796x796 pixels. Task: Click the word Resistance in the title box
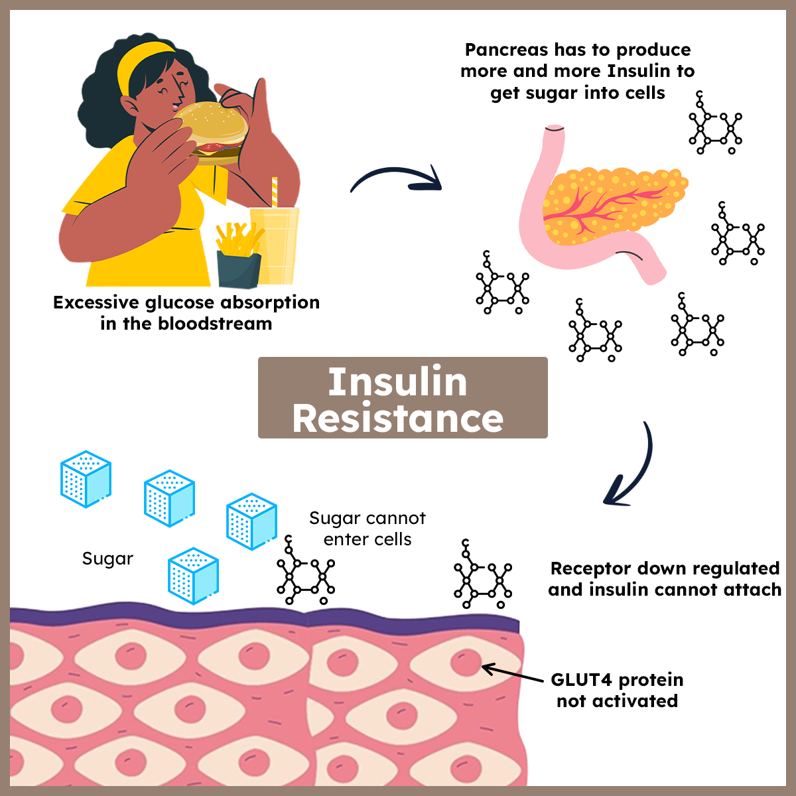point(398,419)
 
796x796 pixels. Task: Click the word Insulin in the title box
point(398,382)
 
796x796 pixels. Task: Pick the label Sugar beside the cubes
point(107,559)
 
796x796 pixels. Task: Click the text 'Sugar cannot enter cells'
point(367,529)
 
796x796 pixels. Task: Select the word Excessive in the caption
point(97,302)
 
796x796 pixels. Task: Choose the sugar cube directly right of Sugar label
point(193,576)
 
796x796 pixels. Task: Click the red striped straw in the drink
point(274,192)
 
